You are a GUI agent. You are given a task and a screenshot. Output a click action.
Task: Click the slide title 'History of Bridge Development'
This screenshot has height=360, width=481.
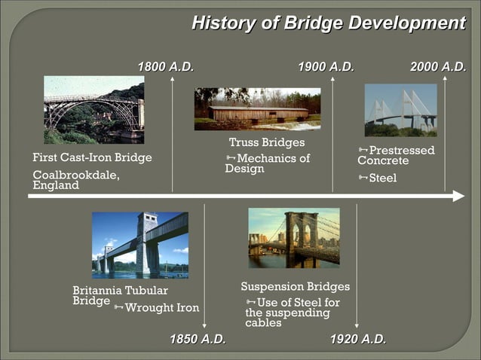pyautogui.click(x=328, y=23)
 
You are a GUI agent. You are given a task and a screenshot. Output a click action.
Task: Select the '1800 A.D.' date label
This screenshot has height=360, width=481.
pyautogui.click(x=165, y=67)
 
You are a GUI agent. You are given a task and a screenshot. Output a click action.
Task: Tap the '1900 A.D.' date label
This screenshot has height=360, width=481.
pyautogui.click(x=326, y=67)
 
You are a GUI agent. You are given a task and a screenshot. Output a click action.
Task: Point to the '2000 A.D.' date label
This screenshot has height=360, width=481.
pyautogui.click(x=437, y=67)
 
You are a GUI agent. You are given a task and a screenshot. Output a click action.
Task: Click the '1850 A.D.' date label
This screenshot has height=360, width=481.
pyautogui.click(x=198, y=339)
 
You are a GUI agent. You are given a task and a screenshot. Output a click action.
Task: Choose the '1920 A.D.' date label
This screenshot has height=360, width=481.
pyautogui.click(x=358, y=339)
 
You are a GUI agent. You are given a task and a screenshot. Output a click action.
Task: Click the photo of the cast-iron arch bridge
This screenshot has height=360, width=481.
pyautogui.click(x=93, y=110)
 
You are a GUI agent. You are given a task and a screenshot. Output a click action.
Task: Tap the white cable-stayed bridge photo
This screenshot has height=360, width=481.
pyautogui.click(x=400, y=110)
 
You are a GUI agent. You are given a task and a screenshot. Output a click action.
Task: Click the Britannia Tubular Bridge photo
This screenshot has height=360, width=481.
pyautogui.click(x=140, y=246)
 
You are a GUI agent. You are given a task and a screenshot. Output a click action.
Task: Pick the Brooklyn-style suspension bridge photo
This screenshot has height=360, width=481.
pyautogui.click(x=293, y=238)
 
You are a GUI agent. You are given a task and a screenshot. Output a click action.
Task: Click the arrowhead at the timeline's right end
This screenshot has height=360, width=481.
pyautogui.click(x=458, y=197)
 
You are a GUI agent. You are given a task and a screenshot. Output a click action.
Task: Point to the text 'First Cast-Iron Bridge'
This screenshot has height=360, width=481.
pyautogui.click(x=92, y=158)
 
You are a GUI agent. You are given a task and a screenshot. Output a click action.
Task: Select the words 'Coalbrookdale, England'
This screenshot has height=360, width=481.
pyautogui.click(x=75, y=180)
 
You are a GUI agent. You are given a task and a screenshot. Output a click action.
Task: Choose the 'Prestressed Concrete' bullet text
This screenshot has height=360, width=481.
pyautogui.click(x=396, y=155)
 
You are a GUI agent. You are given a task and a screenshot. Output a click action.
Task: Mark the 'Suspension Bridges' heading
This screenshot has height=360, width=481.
pyautogui.click(x=295, y=287)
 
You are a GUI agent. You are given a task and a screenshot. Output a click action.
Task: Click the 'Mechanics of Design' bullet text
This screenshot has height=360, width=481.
pyautogui.click(x=268, y=163)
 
